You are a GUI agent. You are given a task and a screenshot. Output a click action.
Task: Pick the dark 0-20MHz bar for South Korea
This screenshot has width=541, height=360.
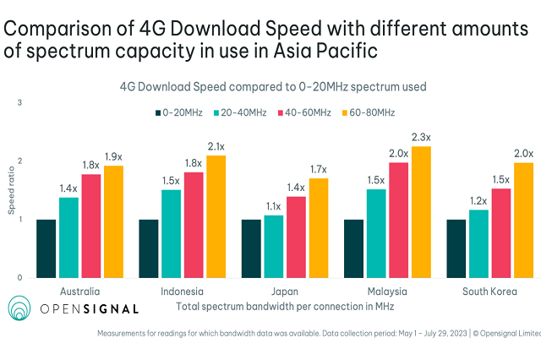[x=456, y=248]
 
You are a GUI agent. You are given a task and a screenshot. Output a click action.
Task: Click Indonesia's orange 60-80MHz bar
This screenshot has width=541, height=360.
[x=215, y=216]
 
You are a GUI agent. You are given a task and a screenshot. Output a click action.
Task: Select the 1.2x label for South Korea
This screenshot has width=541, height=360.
[x=478, y=201]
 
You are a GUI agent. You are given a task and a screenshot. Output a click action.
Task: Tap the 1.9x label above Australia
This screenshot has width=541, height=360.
[x=113, y=157]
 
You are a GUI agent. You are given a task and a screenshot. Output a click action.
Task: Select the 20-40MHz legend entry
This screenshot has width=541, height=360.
[x=242, y=112]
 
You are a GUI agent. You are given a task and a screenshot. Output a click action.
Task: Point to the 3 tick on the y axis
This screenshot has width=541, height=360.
[x=19, y=103]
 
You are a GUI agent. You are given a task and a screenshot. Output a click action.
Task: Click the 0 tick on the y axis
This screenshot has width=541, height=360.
[x=19, y=277]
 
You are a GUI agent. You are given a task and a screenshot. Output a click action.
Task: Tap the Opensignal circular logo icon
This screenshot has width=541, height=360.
[x=21, y=309]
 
